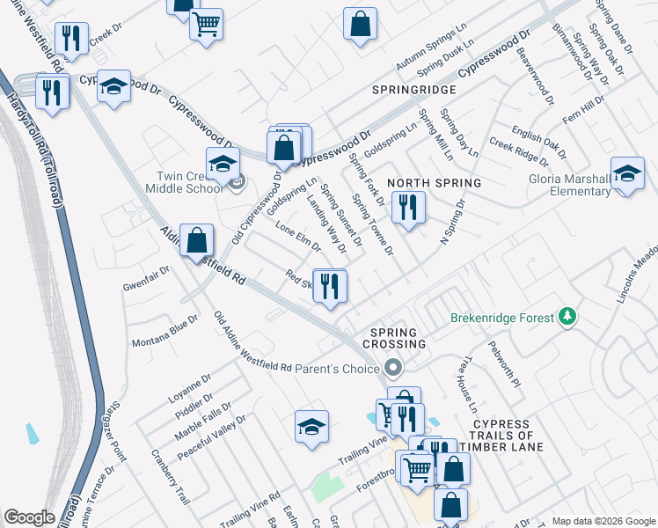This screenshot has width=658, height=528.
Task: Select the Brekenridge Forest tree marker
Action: [568, 317]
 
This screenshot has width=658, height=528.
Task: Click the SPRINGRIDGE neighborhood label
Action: [414, 91]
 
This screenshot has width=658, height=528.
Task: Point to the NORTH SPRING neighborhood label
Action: [435, 183]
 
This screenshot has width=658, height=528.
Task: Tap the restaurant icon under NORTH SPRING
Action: [408, 207]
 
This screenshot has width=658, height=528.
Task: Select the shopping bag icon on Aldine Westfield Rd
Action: [196, 239]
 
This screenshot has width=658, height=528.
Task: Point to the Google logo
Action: [29, 517]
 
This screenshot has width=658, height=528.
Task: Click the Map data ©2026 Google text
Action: [603, 521]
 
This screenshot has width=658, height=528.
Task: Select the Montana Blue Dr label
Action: [164, 335]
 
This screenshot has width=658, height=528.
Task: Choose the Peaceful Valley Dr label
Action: [211, 437]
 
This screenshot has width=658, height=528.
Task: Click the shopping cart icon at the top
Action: [206, 25]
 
